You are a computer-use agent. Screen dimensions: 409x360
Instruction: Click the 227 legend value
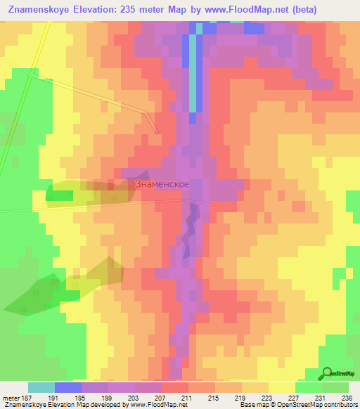point(295,398)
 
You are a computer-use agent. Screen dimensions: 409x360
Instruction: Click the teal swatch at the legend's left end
point(41,387)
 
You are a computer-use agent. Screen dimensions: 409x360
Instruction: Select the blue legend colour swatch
point(68,387)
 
